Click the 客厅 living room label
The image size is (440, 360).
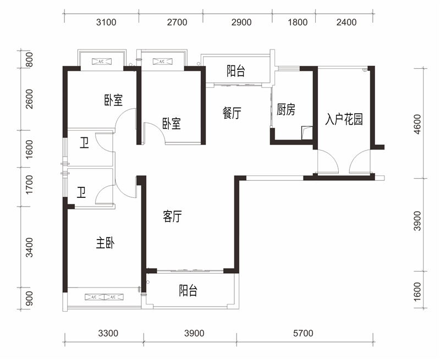[172, 217]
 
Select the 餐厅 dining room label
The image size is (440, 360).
[232, 113]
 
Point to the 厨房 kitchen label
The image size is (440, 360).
[286, 110]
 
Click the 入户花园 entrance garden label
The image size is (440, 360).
[344, 120]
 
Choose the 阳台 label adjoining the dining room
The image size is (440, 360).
[235, 71]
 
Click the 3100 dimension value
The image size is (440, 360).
[106, 23]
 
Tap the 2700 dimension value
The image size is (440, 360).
[177, 23]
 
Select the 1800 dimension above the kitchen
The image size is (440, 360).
[298, 23]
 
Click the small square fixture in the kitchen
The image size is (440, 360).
[306, 132]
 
